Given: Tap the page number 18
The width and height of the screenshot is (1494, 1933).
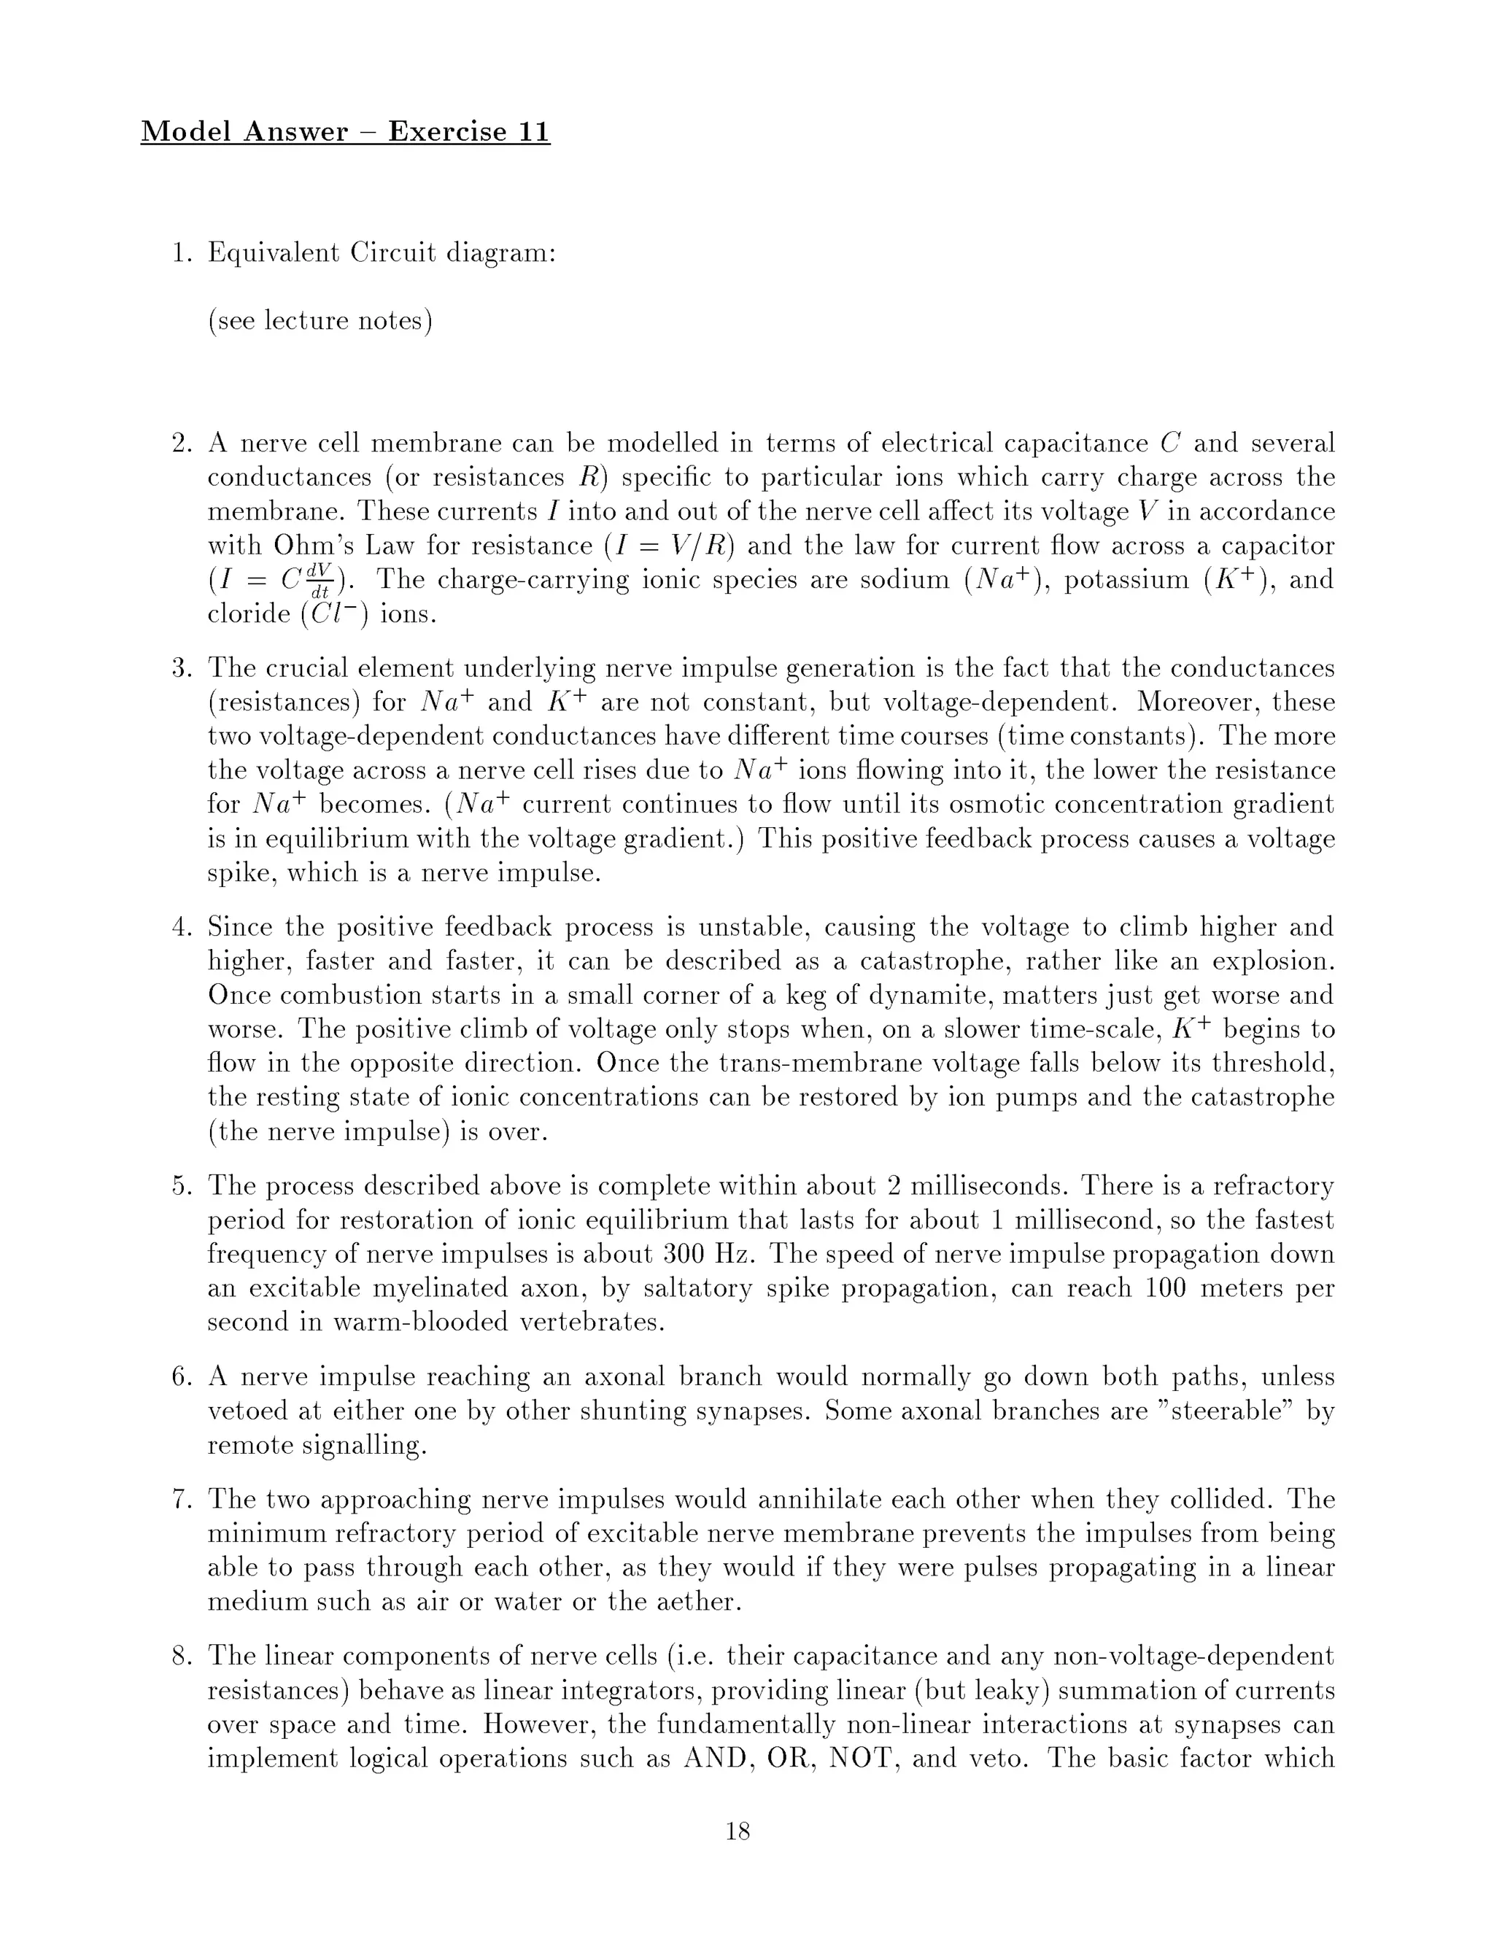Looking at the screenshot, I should [738, 1831].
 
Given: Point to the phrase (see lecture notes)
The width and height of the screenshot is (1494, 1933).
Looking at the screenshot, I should [320, 320].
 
